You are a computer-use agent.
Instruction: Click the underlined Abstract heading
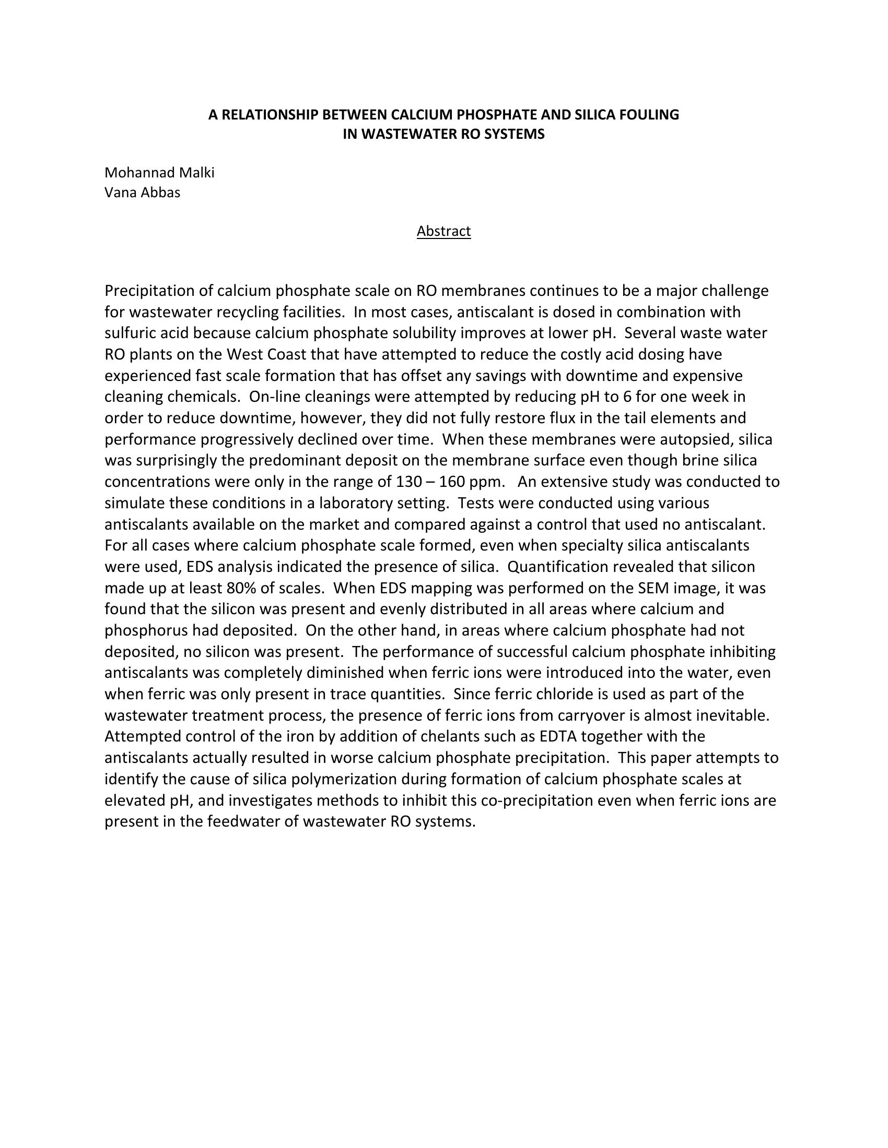(443, 231)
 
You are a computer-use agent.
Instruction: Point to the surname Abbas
(161, 193)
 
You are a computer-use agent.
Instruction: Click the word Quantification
(569, 567)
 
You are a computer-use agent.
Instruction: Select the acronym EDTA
(558, 736)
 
